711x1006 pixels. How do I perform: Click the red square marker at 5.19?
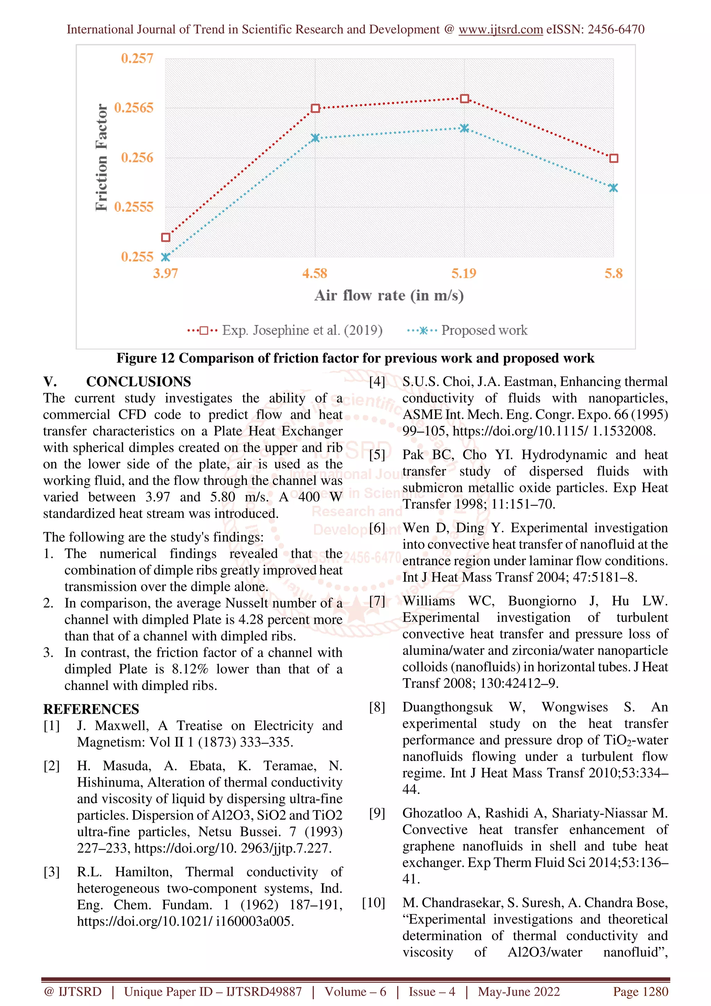(x=465, y=99)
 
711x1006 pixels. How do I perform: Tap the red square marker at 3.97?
(x=166, y=237)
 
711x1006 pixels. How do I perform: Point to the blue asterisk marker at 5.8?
(x=613, y=188)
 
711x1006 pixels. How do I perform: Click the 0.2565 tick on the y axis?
(x=134, y=108)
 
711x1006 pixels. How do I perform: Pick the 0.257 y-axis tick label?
(x=137, y=58)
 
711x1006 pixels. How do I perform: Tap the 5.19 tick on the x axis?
(x=463, y=274)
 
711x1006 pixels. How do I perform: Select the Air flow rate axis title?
(x=388, y=295)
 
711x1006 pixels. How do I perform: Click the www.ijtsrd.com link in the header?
(x=500, y=30)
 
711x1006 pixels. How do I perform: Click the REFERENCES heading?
(x=91, y=709)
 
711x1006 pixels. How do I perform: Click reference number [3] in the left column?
(x=51, y=872)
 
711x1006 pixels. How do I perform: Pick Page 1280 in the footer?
(x=641, y=991)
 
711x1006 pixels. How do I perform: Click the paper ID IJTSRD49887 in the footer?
(x=264, y=991)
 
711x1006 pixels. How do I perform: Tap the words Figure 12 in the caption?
(x=145, y=358)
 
